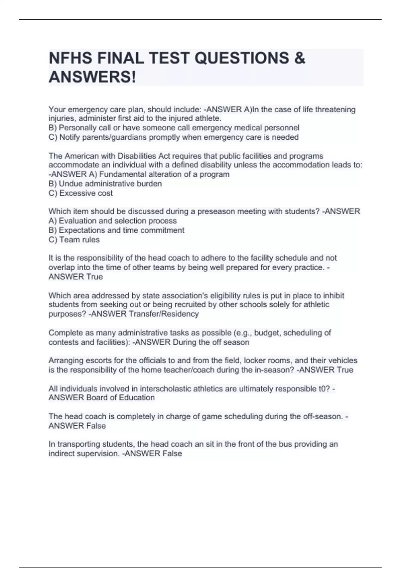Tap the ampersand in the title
[300, 58]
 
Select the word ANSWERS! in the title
[93, 77]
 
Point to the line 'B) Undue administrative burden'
[105, 184]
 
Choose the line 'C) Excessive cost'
[81, 193]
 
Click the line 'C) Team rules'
[74, 240]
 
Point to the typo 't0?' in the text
[325, 389]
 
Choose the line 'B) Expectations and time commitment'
[116, 230]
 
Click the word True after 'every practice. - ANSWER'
[94, 277]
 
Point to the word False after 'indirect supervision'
[172, 453]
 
